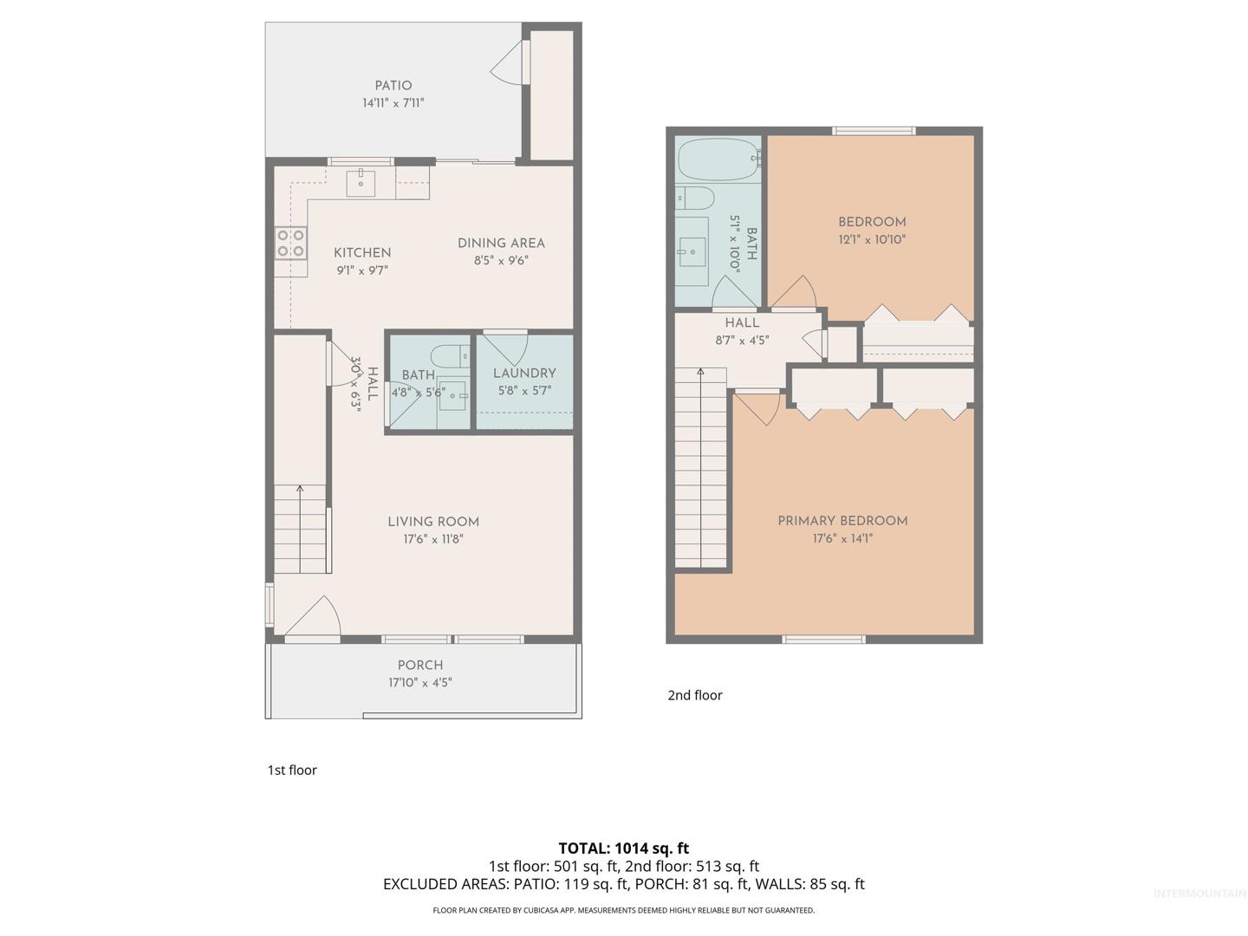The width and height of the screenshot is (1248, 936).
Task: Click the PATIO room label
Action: [393, 85]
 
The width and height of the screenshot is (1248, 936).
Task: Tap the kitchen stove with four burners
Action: [291, 243]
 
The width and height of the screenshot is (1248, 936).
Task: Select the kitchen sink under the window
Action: [361, 181]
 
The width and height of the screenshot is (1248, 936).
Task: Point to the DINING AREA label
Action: [501, 244]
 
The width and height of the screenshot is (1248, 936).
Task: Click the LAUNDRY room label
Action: [524, 374]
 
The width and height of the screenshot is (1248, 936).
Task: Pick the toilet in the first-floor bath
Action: [450, 356]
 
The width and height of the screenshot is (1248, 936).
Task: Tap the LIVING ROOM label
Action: [433, 522]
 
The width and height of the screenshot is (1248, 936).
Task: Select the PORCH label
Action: [420, 665]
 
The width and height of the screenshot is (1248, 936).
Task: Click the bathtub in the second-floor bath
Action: [718, 159]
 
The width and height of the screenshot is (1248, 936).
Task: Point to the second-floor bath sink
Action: [692, 251]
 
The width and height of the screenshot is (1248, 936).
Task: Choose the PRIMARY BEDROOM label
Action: [842, 521]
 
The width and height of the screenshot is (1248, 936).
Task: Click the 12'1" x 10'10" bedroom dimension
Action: [872, 239]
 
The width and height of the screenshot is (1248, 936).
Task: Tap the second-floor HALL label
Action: [742, 322]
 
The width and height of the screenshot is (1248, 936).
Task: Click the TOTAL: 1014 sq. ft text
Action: [624, 848]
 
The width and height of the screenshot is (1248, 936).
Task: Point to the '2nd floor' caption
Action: [695, 695]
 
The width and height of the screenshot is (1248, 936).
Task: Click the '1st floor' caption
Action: [292, 770]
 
